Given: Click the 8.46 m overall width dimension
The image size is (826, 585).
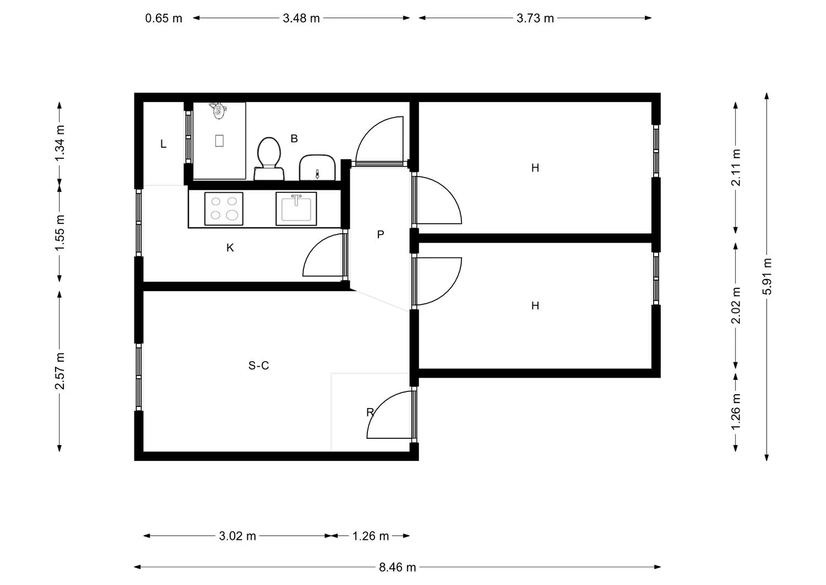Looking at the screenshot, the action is click(x=397, y=567).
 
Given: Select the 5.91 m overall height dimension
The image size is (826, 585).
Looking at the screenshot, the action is click(x=767, y=277).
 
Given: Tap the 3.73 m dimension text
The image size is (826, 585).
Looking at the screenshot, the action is click(x=535, y=18).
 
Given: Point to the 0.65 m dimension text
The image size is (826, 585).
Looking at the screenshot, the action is click(x=164, y=18).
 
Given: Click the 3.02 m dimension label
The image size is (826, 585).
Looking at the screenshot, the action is click(x=237, y=536).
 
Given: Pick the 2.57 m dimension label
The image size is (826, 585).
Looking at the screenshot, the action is click(x=59, y=371).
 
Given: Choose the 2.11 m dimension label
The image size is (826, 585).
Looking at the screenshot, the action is click(x=736, y=167).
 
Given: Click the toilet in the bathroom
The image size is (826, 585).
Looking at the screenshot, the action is click(x=269, y=158).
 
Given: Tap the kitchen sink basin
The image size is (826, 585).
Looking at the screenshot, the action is click(x=296, y=208).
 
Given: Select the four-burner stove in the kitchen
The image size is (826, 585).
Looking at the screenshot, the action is click(x=224, y=208).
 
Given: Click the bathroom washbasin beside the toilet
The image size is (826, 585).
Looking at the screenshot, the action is click(x=317, y=168).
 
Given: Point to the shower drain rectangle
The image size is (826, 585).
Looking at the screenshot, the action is click(x=219, y=141).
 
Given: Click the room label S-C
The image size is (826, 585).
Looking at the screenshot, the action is click(x=258, y=366).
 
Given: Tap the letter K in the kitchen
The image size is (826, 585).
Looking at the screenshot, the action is click(x=230, y=248).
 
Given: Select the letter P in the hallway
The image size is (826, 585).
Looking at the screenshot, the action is click(x=381, y=234).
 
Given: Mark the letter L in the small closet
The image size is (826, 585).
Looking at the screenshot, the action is click(x=164, y=144).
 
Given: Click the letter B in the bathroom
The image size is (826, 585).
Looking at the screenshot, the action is click(x=294, y=138).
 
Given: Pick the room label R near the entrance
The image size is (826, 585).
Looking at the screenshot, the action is click(x=370, y=412).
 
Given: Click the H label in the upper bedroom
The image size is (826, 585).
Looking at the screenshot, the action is click(x=535, y=168).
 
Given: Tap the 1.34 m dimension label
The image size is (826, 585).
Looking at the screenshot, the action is click(x=59, y=143).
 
